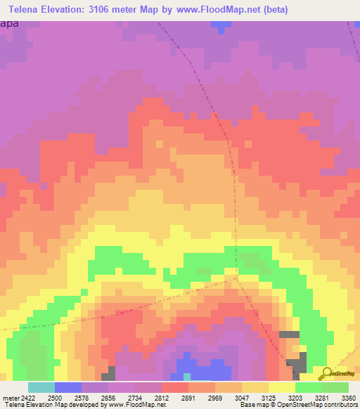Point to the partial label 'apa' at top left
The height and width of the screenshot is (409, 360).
click(10, 23)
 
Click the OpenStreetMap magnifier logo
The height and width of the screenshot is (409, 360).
click(326, 373)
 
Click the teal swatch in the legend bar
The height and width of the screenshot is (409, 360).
click(41, 387)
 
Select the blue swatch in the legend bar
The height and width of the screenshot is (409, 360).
click(68, 387)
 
